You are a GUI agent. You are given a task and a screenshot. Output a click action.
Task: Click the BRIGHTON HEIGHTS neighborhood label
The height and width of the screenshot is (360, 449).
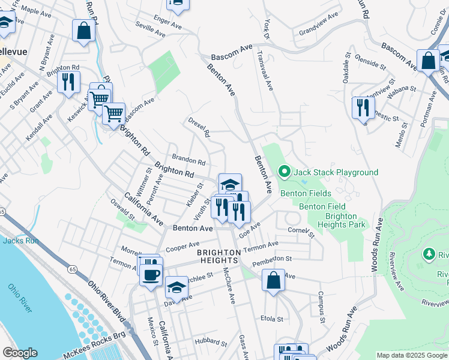(x=219, y=253)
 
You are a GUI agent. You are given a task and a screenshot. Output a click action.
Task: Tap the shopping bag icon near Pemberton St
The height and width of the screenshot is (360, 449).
(x=273, y=281)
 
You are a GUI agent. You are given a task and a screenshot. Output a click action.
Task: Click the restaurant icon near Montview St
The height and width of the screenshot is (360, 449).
(x=363, y=107)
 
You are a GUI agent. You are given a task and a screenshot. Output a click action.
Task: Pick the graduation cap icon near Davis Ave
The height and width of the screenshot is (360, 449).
(x=176, y=288)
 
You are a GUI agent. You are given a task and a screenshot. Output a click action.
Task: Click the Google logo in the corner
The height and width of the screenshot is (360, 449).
(x=19, y=353)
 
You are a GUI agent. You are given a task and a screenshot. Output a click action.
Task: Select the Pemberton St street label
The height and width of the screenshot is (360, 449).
(x=271, y=259)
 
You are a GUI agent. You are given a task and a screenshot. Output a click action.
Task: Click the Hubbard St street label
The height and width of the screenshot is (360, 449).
(x=210, y=344)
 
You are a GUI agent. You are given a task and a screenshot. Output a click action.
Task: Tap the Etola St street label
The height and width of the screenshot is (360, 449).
(x=271, y=318)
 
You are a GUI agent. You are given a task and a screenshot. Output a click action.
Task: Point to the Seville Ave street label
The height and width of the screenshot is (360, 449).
(x=149, y=29)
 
